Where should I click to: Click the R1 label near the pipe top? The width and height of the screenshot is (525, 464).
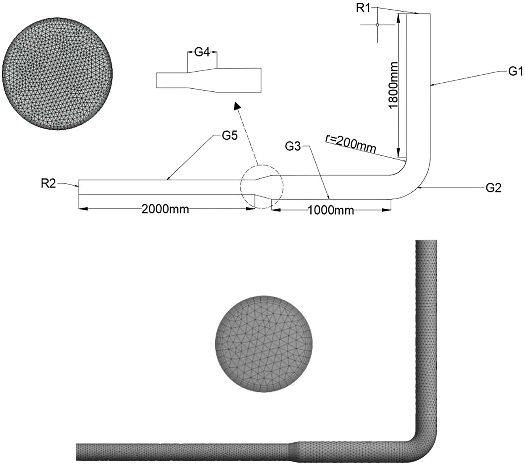pos(363,8)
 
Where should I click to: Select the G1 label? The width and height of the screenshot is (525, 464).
pos(515,71)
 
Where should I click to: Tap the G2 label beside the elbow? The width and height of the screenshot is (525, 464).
pos(493,188)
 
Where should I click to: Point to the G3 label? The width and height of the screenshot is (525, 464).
pos(292,146)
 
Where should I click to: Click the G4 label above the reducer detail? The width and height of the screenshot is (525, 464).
pos(202,52)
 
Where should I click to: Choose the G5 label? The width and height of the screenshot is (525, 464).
pos(229,136)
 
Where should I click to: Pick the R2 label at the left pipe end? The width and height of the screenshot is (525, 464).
pos(48,184)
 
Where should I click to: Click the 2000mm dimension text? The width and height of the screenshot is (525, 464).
pos(165,209)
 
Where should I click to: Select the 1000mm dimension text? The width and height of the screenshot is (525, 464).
pos(331,210)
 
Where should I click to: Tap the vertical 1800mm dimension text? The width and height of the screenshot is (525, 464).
pos(393,85)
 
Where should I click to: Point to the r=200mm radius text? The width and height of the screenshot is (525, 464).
pos(351,143)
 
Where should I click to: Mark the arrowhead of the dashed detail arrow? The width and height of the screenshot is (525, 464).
pos(237,106)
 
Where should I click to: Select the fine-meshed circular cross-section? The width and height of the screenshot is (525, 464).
pos(57,74)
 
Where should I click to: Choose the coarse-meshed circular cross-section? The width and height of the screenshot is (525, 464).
pos(264,344)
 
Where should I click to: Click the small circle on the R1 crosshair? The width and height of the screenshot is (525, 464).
pos(377,25)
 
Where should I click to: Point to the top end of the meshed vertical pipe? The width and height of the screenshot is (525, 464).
pos(426,242)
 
